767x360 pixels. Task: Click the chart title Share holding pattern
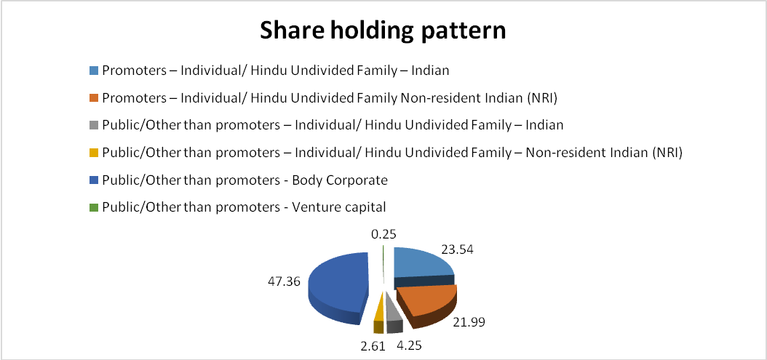(383, 31)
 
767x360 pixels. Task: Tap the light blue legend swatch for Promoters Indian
(95, 71)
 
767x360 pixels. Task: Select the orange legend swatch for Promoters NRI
(95, 98)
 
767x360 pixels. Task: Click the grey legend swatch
(95, 125)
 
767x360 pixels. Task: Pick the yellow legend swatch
(95, 153)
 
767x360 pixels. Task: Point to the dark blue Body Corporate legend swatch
(95, 180)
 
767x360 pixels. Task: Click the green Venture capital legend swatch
(95, 207)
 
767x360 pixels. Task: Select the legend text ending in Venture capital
(244, 207)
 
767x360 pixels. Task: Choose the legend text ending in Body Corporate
(245, 180)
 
